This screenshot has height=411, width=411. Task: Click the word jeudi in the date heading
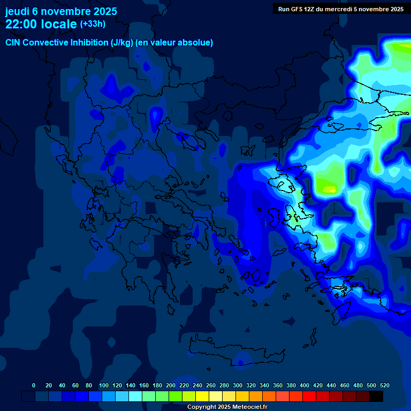pos(17,11)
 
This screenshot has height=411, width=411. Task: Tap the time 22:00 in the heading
pos(22,24)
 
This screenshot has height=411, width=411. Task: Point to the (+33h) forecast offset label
pos(93,24)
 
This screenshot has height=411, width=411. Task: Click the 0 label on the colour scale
pos(34,385)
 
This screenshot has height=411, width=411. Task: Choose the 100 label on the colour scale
pos(104,385)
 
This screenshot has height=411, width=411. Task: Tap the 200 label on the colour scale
pos(171,385)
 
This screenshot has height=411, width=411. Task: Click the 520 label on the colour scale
pos(384,385)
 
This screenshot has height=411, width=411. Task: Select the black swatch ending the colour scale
pos(376,396)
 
